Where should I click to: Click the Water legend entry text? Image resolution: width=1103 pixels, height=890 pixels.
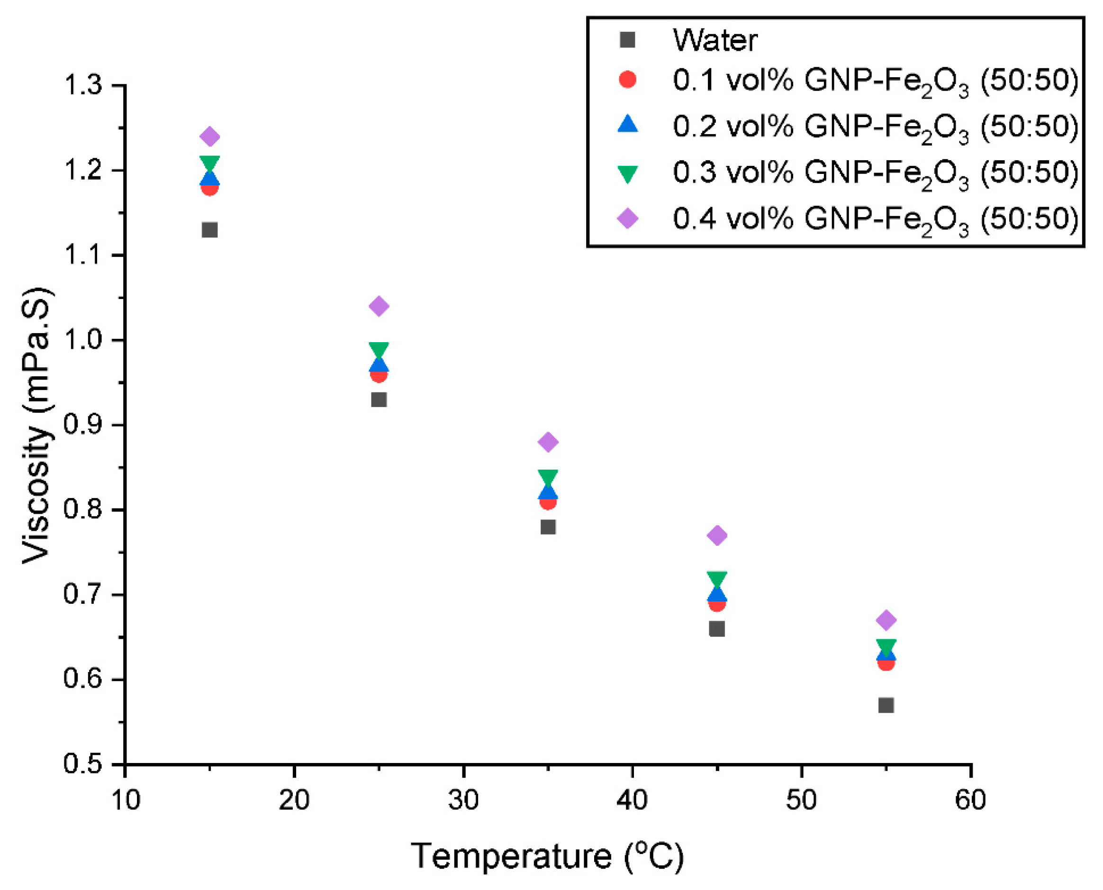tap(714, 40)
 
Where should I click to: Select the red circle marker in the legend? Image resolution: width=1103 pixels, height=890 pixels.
tap(627, 80)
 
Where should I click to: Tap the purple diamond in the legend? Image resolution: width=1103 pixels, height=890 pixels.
tap(627, 219)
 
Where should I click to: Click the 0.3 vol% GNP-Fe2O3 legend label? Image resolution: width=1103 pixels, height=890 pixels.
tap(876, 173)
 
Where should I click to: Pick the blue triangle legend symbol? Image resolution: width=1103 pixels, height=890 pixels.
tap(627, 125)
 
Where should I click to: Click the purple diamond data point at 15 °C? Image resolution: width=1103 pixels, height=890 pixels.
tap(209, 137)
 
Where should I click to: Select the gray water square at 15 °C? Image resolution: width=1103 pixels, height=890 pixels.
tap(209, 230)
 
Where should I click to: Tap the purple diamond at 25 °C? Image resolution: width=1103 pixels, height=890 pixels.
tap(379, 306)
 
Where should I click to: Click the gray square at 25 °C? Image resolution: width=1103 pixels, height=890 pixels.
tap(379, 400)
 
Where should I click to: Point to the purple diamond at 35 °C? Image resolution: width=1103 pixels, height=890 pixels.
tap(548, 442)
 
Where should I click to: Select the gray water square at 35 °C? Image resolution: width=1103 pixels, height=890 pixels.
tap(548, 527)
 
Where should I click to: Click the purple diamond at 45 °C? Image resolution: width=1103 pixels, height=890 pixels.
tap(717, 535)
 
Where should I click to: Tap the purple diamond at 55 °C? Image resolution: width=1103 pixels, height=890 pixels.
tap(886, 620)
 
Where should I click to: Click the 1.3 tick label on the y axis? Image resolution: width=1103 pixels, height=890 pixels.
tap(82, 85)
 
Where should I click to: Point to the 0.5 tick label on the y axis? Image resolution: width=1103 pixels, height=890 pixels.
tap(82, 764)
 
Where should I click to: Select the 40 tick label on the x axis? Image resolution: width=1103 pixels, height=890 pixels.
tap(632, 800)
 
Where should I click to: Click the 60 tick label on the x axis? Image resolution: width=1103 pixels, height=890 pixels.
tap(970, 800)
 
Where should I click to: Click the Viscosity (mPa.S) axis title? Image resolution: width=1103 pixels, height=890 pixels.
tap(37, 426)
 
